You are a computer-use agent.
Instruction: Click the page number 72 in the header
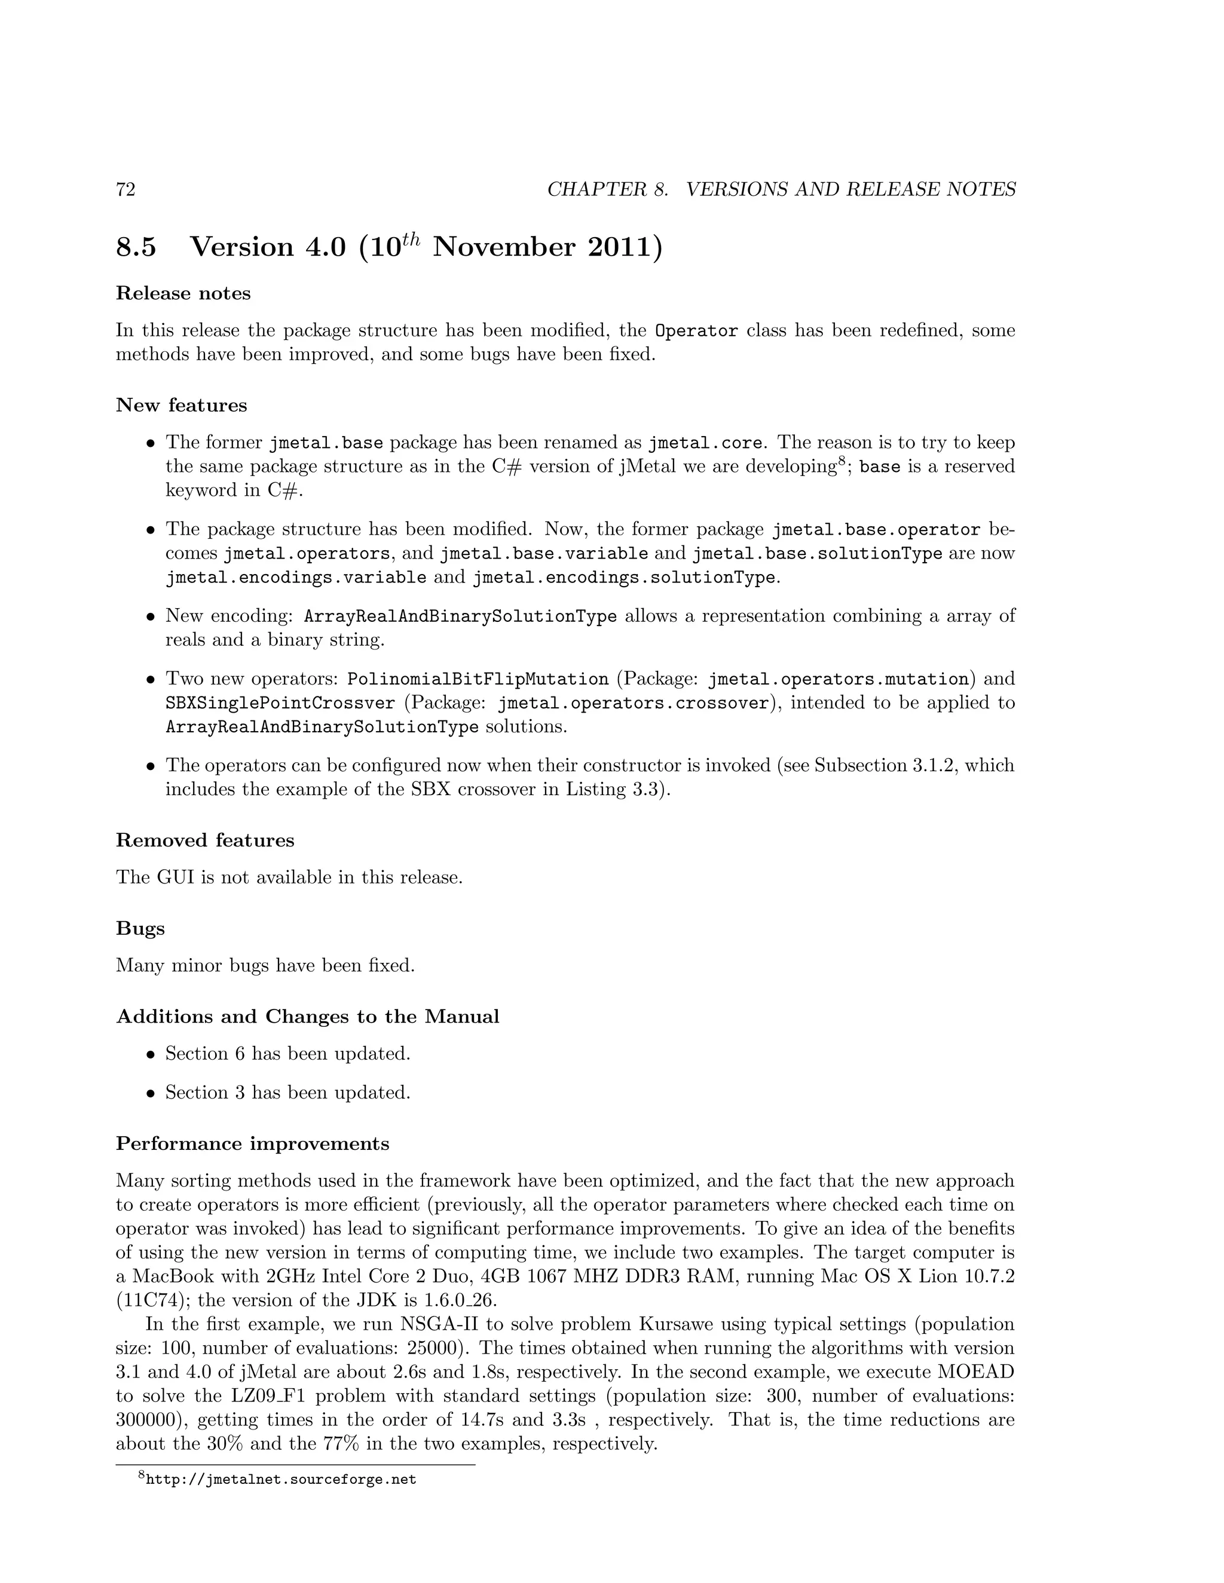(126, 190)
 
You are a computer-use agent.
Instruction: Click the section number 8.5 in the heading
(136, 248)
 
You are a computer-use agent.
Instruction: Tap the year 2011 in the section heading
(623, 248)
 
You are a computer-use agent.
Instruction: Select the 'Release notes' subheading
(183, 293)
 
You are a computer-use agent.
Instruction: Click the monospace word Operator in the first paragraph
(696, 332)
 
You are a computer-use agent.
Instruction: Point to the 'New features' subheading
(181, 405)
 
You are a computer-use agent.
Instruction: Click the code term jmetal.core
(704, 443)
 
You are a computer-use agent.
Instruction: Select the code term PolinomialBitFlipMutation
(478, 679)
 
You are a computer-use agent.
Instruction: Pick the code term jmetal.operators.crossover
(632, 703)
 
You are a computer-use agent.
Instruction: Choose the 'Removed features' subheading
(205, 841)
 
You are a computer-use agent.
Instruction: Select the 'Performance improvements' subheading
(252, 1144)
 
